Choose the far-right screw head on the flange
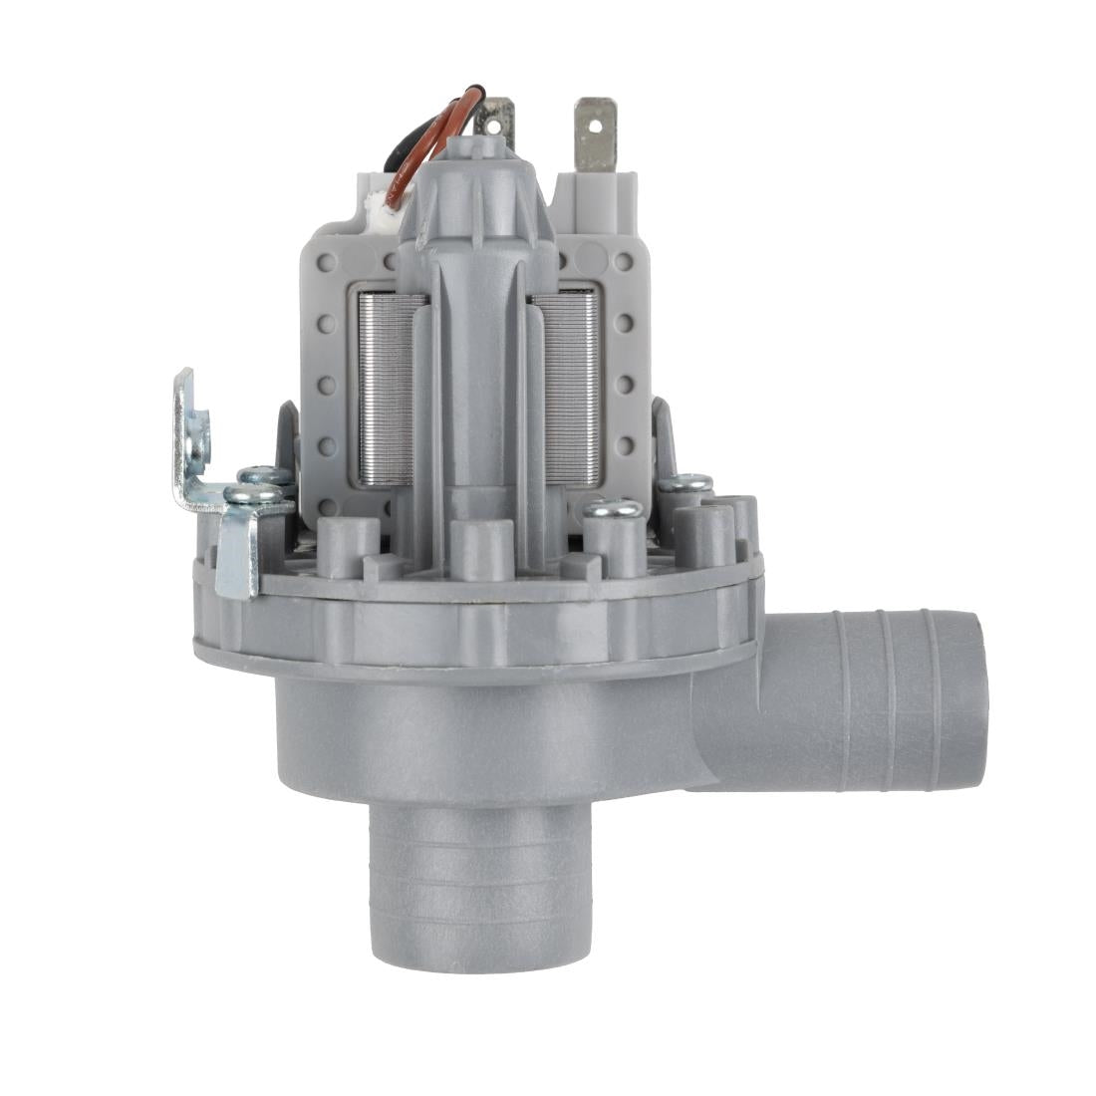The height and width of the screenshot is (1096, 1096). pyautogui.click(x=686, y=483)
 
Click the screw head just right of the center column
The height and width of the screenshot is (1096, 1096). pyautogui.click(x=613, y=508)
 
